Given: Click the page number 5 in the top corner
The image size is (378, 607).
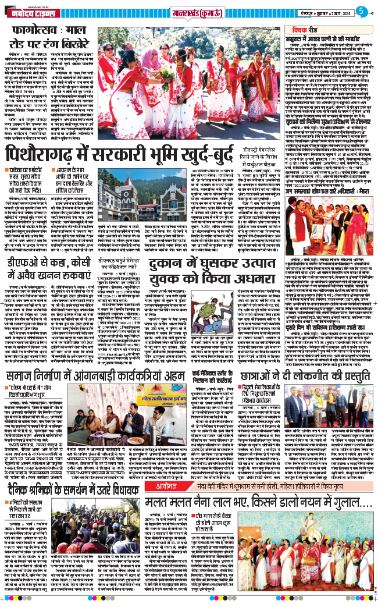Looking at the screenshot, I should (x=361, y=11).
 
